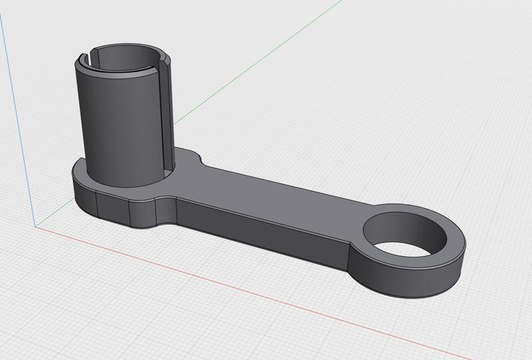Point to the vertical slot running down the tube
(x=166, y=120)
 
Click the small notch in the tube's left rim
(x=90, y=53)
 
